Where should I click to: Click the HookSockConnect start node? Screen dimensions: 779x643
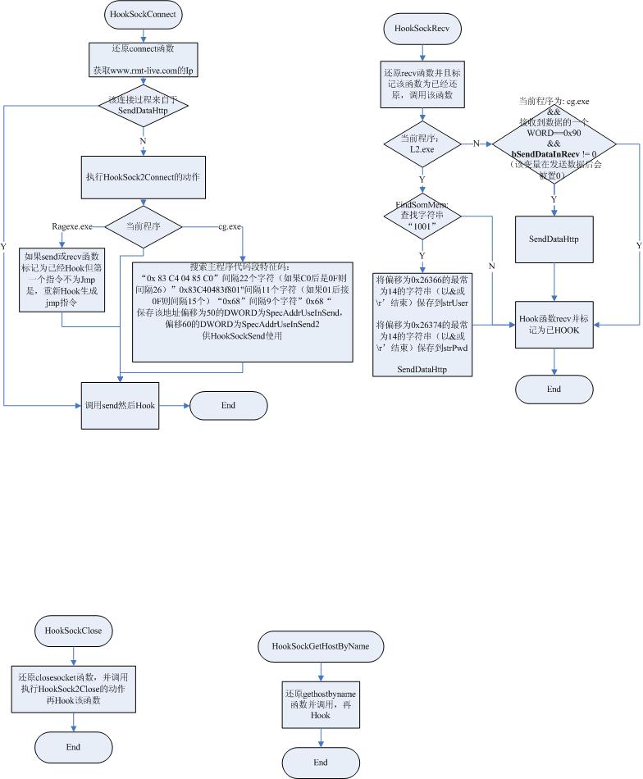coord(144,14)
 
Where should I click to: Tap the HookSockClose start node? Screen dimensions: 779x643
coord(73,631)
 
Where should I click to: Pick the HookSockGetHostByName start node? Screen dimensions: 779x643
coord(321,646)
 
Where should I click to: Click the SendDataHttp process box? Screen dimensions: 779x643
coord(555,239)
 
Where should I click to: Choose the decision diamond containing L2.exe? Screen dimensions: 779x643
coord(422,143)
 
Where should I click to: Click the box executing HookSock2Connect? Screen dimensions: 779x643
coord(144,176)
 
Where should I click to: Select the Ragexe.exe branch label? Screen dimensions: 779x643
coord(72,225)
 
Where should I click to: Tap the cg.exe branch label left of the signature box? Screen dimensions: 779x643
coord(229,225)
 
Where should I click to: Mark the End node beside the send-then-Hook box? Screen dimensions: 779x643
coord(228,405)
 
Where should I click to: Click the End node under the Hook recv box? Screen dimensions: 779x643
coord(554,389)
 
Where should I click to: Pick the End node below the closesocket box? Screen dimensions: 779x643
coord(73,747)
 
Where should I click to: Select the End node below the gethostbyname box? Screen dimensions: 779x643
coord(321,763)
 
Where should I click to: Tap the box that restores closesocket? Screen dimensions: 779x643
coord(73,690)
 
